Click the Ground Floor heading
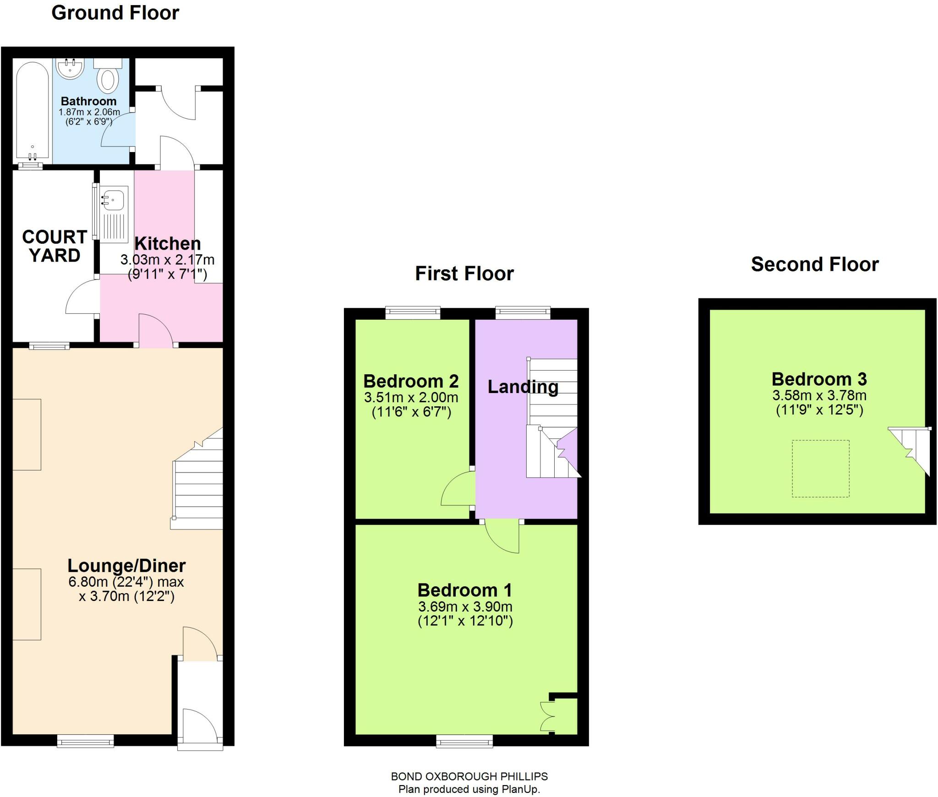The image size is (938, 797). pos(115,13)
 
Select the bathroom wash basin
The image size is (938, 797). pos(70,69)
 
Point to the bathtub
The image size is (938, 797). pos(32,112)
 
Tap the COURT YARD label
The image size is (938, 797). pos(55,246)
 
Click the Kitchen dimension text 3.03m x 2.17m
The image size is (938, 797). pos(167,260)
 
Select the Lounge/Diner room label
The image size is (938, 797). pos(126,566)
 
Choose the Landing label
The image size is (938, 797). pos(523,387)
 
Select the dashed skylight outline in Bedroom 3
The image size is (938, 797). pos(820,468)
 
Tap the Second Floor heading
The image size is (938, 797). pos(815,264)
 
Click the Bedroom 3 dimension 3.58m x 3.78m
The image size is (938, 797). pos(819,395)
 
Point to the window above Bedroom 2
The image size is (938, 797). pos(413,313)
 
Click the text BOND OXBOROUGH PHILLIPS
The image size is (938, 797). pos(469,776)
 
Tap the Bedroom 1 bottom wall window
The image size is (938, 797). pos(464,741)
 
